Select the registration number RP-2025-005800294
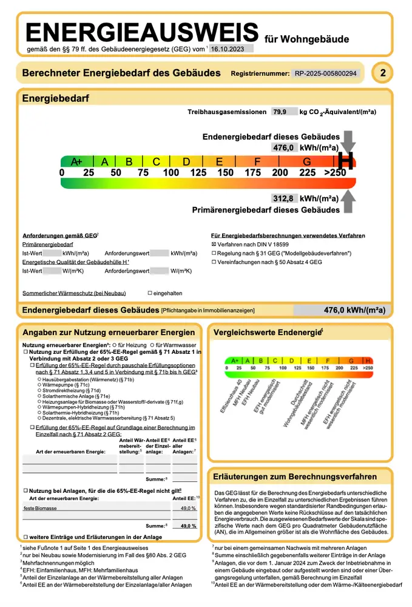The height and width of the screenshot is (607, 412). (326, 73)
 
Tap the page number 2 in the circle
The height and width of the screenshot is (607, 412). (382, 73)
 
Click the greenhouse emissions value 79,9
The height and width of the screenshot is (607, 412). (280, 112)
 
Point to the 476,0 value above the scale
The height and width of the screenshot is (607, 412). (283, 148)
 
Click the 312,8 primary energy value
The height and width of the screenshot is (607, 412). (283, 198)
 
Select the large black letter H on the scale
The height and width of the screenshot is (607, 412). (345, 161)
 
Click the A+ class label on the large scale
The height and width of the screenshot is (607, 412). (77, 161)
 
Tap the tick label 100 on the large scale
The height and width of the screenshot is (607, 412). (171, 173)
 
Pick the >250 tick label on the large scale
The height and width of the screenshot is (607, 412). (335, 173)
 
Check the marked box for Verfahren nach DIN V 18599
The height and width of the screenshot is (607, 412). (214, 243)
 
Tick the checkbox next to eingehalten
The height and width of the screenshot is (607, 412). (150, 293)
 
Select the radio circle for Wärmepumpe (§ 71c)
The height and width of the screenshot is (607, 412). (39, 384)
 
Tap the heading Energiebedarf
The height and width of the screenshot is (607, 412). (56, 98)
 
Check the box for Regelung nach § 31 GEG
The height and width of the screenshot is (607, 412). (214, 253)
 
